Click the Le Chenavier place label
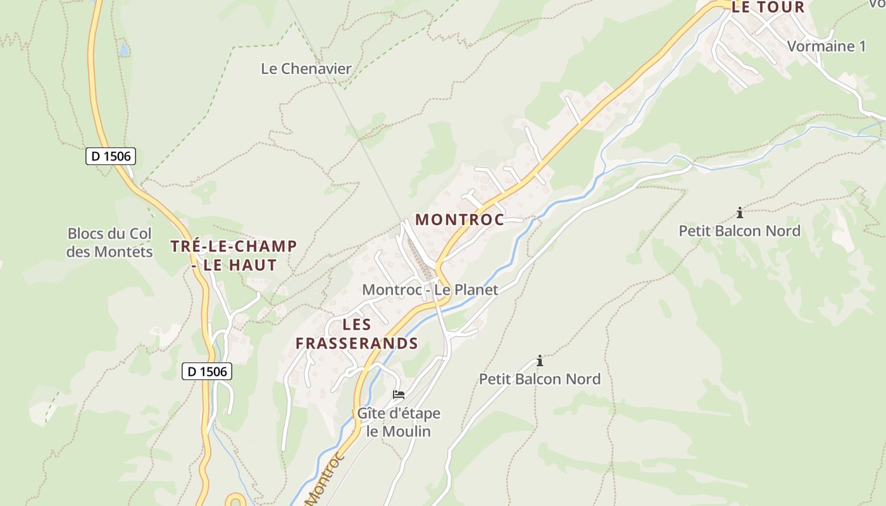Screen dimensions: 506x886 pos(306,68)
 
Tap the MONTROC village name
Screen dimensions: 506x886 pos(459,219)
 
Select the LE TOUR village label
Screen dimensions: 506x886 pos(768,8)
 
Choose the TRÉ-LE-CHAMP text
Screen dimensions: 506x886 pos(234,246)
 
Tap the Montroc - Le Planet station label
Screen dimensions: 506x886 pos(430,290)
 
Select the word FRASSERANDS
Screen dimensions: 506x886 pos(357,343)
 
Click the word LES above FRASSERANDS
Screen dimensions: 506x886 pos(357,324)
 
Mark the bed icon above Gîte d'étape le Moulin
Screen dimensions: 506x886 pos(399,394)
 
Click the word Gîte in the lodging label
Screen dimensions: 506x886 pos(371,414)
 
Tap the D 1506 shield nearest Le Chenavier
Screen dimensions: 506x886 pos(111,156)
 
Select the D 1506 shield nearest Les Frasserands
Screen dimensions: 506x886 pos(207,371)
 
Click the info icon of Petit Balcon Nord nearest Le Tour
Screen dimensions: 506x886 pos(739,212)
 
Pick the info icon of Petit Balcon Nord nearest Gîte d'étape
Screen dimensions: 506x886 pos(540,361)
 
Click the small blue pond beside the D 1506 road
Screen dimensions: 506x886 pos(123,48)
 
